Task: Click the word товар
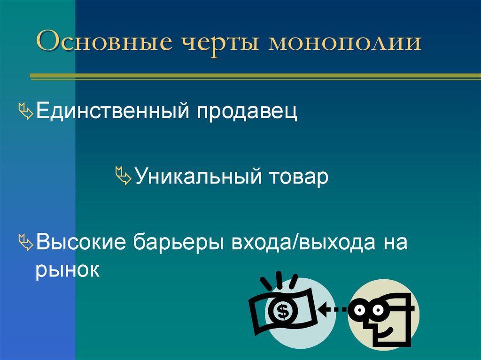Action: coord(298,178)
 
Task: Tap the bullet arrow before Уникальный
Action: coord(124,178)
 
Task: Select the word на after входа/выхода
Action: coord(395,244)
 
